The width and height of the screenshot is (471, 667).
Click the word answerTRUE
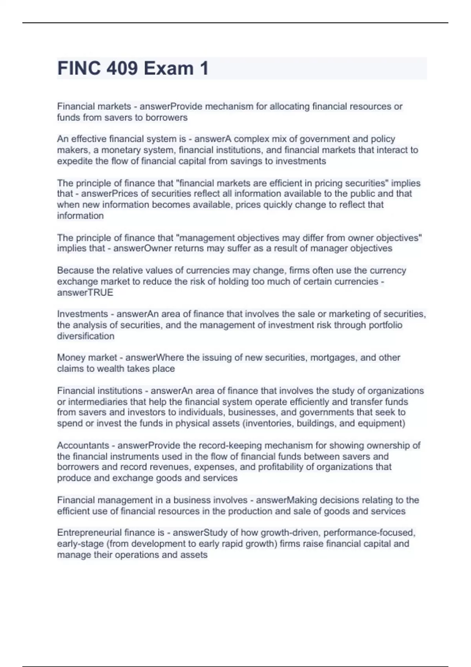click(x=85, y=293)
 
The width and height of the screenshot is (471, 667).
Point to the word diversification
click(x=86, y=336)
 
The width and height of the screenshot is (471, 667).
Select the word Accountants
click(x=83, y=445)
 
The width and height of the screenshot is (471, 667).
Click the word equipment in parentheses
click(x=382, y=423)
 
